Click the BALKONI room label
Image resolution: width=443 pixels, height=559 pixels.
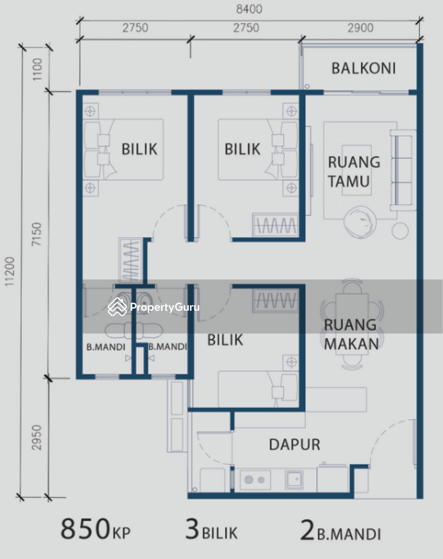[364, 69]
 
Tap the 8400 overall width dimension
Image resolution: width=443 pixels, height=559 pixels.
[249, 9]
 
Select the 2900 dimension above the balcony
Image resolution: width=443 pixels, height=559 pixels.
[361, 28]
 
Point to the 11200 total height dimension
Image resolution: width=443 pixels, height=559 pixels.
[9, 271]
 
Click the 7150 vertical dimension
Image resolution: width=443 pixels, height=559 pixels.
[37, 234]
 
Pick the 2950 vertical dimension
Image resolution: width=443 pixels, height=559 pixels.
[37, 437]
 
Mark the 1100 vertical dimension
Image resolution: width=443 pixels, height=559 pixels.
[37, 69]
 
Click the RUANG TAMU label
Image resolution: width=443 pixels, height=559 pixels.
[354, 172]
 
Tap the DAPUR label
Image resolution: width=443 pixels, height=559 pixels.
[294, 445]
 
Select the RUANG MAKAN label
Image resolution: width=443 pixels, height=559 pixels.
[351, 335]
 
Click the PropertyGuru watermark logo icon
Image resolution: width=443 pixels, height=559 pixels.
[117, 307]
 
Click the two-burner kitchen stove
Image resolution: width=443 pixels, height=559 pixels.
[255, 480]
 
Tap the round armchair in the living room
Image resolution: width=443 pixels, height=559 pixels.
[360, 222]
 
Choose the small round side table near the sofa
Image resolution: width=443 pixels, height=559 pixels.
[400, 231]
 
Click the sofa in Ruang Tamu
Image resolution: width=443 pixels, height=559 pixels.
[403, 170]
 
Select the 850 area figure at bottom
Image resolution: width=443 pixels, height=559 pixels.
[85, 529]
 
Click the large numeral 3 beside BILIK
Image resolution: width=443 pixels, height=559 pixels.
[192, 529]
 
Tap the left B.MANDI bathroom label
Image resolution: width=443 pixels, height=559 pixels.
[106, 347]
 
